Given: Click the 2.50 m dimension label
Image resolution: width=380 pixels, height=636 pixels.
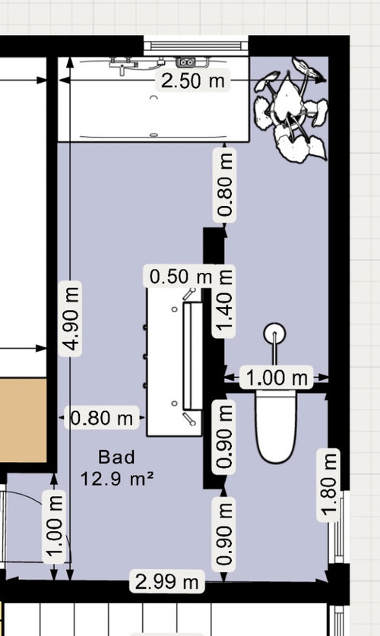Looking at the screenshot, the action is click(x=192, y=81).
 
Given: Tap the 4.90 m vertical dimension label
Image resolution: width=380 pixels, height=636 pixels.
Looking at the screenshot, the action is click(x=71, y=318).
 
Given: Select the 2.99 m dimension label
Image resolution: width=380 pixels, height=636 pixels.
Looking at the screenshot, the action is click(x=166, y=582).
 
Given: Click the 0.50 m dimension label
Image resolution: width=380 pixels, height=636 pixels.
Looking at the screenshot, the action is click(x=180, y=277).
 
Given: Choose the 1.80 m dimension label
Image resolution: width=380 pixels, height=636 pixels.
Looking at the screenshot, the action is click(x=328, y=485).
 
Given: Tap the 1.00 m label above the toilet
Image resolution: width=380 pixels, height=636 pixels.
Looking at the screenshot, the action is click(x=276, y=377).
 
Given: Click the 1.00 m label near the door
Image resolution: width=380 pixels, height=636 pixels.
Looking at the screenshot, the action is click(x=54, y=527).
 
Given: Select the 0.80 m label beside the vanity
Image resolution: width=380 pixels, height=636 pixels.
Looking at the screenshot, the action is click(x=101, y=417).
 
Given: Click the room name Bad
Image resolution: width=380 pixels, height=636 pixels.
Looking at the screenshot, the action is click(x=116, y=457).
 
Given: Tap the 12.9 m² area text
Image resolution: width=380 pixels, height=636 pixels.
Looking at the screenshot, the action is click(x=117, y=479).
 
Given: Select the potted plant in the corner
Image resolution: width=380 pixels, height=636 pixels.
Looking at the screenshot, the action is click(x=290, y=109).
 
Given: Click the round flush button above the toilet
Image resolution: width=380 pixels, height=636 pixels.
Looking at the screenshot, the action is click(x=274, y=334).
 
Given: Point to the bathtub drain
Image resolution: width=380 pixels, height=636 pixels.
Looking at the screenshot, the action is click(x=154, y=134).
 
